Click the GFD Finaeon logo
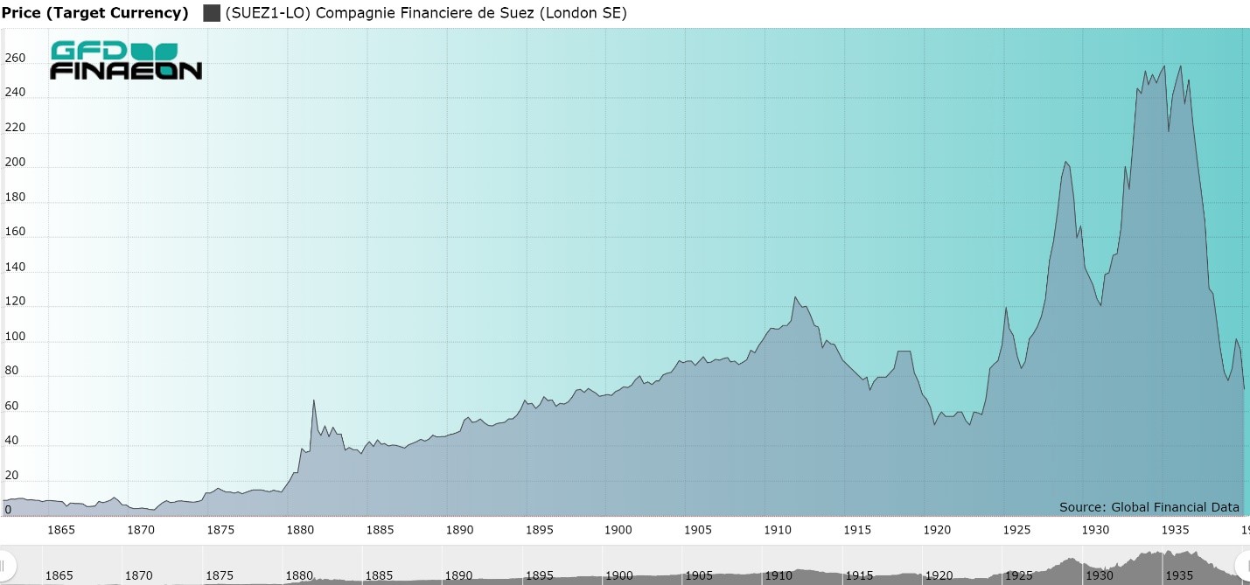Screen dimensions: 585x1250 tap(125, 60)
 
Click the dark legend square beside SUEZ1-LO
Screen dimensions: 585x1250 tap(211, 13)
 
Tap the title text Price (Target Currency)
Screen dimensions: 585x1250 tap(94, 13)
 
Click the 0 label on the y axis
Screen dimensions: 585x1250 tap(9, 510)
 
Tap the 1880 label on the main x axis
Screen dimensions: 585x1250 tap(300, 530)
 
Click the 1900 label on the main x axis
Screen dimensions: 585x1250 tap(618, 530)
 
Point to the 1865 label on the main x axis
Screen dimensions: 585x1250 tap(60, 530)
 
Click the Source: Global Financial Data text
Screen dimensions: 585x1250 tap(1149, 507)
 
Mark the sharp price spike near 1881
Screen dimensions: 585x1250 tap(314, 400)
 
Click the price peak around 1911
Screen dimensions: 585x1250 tap(795, 297)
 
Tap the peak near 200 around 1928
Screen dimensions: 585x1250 tap(1066, 162)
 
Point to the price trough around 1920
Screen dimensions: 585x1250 tap(934, 424)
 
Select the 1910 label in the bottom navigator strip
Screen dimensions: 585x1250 tap(778, 575)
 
